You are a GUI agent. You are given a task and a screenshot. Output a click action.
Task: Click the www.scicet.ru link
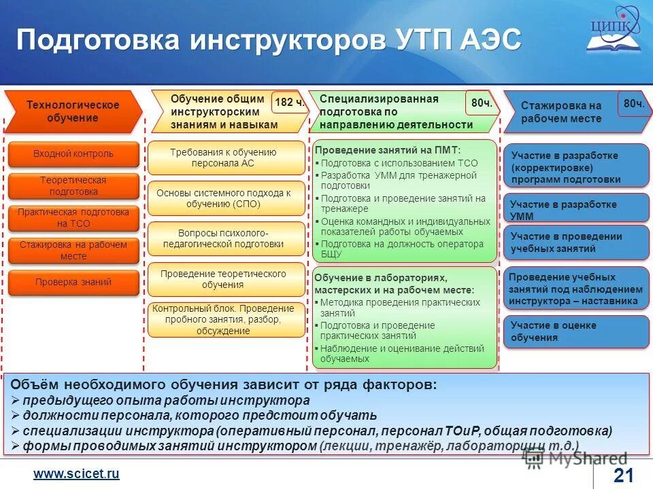77,474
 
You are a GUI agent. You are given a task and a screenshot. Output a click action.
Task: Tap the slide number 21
623,475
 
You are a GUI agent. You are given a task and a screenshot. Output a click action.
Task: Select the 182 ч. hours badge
289,103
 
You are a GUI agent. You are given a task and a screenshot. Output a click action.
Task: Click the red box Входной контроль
73,154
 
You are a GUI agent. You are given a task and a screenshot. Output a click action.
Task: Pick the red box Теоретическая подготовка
73,186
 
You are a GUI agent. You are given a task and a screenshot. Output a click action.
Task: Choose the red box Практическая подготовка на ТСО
73,218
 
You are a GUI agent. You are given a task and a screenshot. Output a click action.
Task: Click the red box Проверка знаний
73,283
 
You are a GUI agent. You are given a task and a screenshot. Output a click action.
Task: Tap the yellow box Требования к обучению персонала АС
227,158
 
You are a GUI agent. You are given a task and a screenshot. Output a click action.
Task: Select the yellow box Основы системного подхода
227,198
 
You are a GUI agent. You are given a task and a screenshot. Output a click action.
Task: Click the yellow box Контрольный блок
227,319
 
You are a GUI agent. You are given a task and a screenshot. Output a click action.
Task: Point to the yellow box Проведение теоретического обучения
227,279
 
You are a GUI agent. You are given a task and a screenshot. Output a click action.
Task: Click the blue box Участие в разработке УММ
575,210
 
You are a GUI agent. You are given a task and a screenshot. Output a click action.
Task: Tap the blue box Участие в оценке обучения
575,331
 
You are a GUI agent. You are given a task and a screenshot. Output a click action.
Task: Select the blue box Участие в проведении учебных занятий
575,242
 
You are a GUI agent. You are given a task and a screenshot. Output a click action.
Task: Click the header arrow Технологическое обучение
73,111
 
